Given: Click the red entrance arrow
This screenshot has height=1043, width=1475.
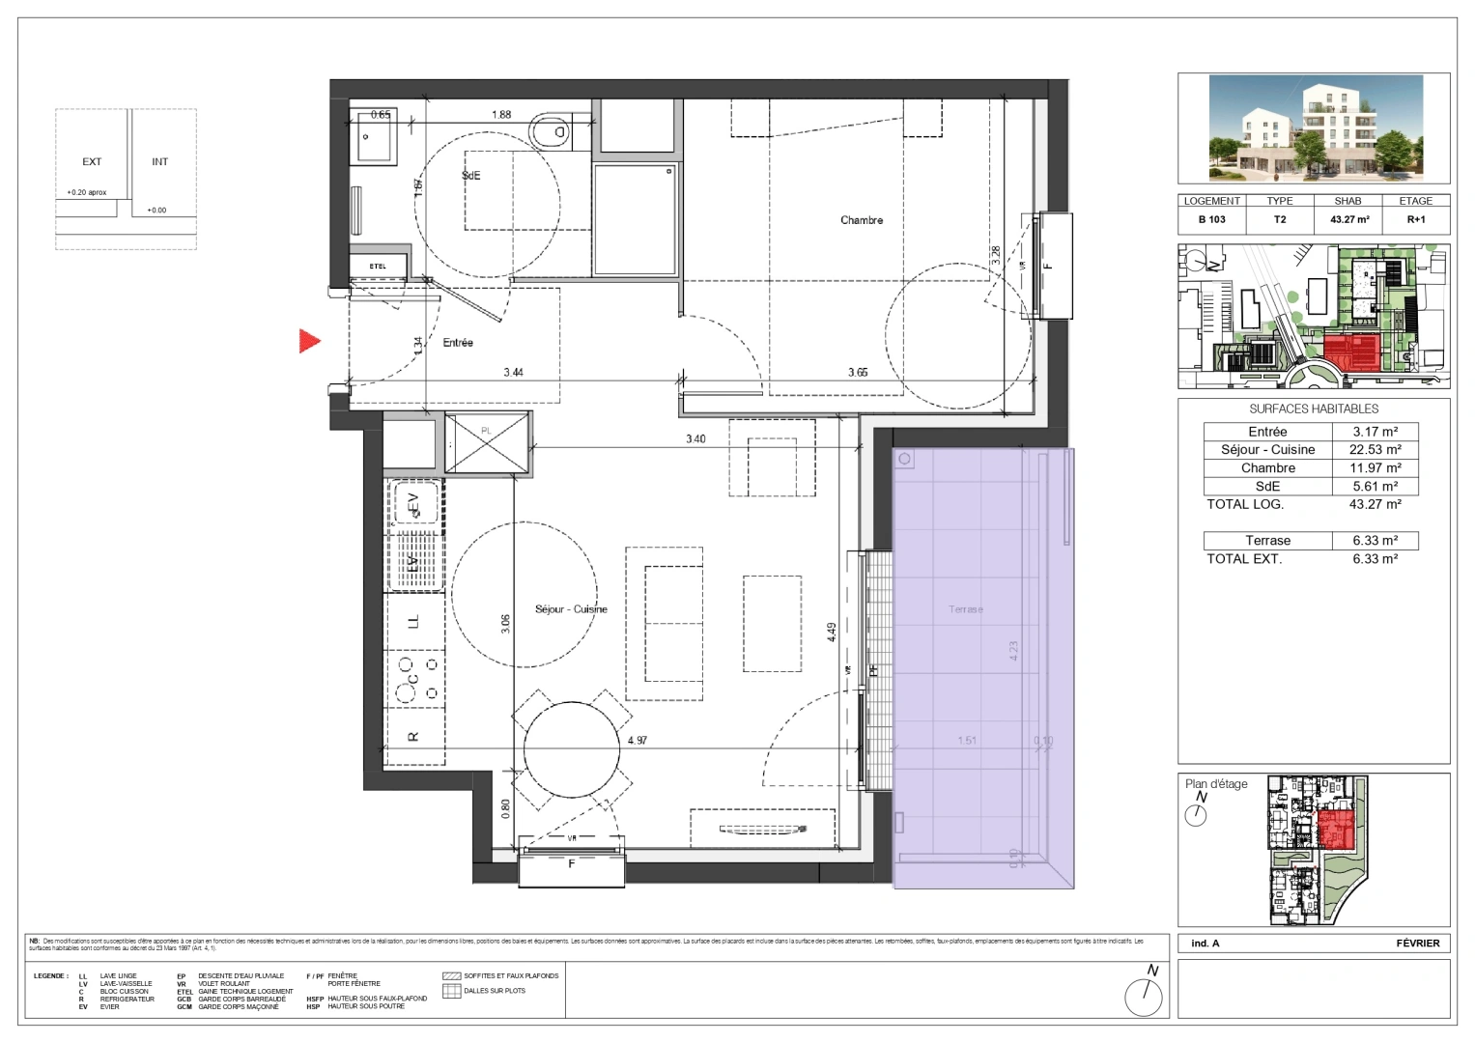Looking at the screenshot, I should pyautogui.click(x=309, y=341).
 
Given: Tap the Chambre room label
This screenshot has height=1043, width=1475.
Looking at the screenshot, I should pyautogui.click(x=861, y=220).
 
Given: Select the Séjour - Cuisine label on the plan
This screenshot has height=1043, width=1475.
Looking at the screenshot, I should pyautogui.click(x=571, y=609).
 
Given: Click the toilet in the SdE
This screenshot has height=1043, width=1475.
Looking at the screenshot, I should pyautogui.click(x=552, y=132).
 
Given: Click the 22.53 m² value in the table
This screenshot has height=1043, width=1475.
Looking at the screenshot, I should pyautogui.click(x=1375, y=450).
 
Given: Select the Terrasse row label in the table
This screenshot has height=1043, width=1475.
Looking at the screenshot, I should pyautogui.click(x=1267, y=541).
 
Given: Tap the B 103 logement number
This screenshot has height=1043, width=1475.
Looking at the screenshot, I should pyautogui.click(x=1211, y=219).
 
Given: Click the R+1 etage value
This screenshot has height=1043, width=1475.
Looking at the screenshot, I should pyautogui.click(x=1415, y=219).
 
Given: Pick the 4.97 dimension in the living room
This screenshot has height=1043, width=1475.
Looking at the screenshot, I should pyautogui.click(x=637, y=741).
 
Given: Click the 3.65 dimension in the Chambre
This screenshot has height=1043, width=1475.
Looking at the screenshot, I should pyautogui.click(x=857, y=372).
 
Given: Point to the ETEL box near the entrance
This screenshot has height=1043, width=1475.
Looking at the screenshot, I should pyautogui.click(x=378, y=267).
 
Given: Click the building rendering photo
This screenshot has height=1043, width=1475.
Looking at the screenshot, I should pyautogui.click(x=1314, y=128).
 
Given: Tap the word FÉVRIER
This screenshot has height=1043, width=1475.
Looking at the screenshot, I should pyautogui.click(x=1417, y=944).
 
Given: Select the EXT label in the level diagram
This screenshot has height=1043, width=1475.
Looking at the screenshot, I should pyautogui.click(x=92, y=162).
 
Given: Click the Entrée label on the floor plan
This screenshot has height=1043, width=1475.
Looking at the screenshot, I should pyautogui.click(x=458, y=343).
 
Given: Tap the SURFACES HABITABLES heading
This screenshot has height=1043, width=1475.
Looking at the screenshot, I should pyautogui.click(x=1314, y=409).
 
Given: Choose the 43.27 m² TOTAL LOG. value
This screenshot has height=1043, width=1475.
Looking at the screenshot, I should pyautogui.click(x=1375, y=504).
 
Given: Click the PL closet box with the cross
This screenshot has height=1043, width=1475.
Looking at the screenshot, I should pyautogui.click(x=488, y=443).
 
